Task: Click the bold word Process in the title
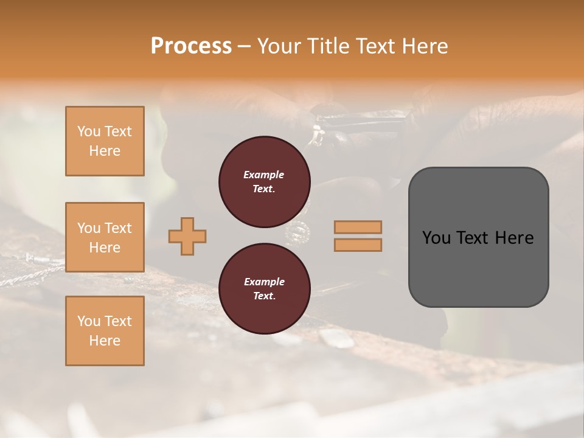coord(191,46)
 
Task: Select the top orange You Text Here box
coord(105,141)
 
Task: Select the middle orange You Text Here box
coord(105,237)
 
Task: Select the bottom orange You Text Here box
coord(105,331)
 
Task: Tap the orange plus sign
coord(187,236)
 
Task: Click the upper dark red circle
coord(264,182)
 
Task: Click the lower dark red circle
coord(264,289)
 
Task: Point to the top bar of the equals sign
coord(358,227)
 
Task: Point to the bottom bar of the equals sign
coord(358,245)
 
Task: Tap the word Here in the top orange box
coord(105,151)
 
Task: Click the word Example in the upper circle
coord(264,175)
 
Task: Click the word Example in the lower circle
coord(264,282)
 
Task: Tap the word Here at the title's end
coord(425,46)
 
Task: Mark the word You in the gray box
coord(437,238)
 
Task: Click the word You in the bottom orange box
coord(89,321)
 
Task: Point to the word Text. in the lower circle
coord(264,296)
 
